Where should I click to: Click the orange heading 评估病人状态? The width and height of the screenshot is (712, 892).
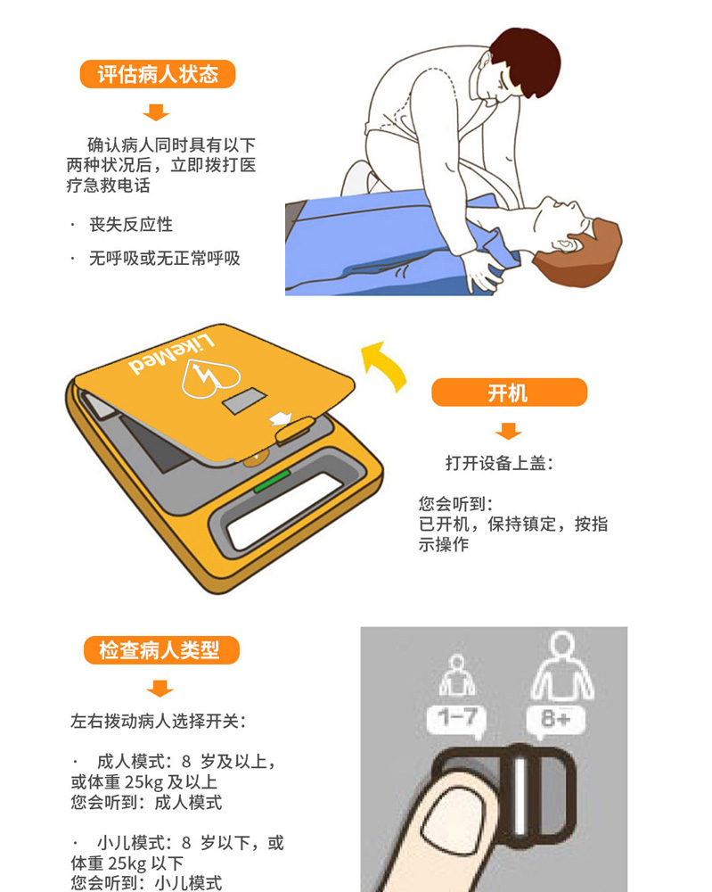click(158, 74)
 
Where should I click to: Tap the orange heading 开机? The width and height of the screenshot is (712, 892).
click(509, 392)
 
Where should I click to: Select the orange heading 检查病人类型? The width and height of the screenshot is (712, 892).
click(161, 650)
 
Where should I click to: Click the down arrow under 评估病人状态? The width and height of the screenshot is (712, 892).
click(156, 112)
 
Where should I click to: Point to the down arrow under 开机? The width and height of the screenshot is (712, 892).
click(508, 431)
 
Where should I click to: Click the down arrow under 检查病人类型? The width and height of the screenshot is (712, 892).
click(160, 689)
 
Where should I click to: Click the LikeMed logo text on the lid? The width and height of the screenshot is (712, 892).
click(171, 356)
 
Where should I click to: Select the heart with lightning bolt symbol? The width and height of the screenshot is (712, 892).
click(210, 378)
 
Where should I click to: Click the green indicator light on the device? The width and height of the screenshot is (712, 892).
click(272, 482)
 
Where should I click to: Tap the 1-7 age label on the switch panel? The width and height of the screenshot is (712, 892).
click(457, 719)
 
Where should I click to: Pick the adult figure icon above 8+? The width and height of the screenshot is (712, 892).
click(561, 665)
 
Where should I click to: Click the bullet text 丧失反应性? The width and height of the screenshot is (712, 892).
click(131, 224)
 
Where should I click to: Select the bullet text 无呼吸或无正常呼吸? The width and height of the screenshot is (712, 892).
click(164, 259)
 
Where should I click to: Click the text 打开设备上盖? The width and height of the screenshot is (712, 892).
click(495, 463)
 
